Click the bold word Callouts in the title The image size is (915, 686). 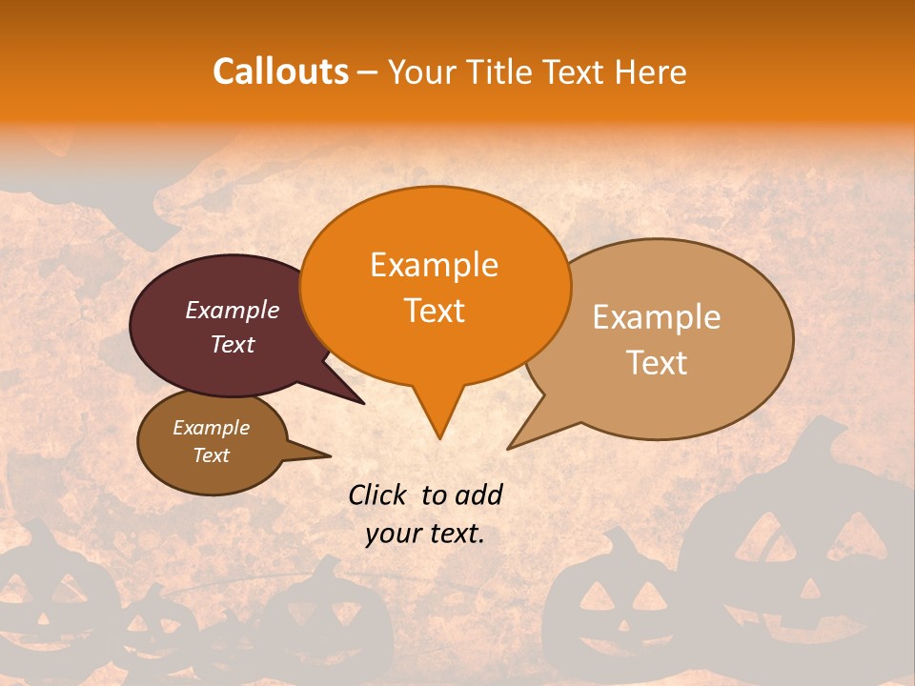[280, 71]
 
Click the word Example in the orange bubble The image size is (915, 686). [434, 265]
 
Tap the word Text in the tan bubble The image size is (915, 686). [657, 363]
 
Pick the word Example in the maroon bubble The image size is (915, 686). [232, 310]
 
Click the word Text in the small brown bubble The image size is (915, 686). [211, 455]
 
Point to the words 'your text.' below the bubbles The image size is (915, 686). [424, 534]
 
